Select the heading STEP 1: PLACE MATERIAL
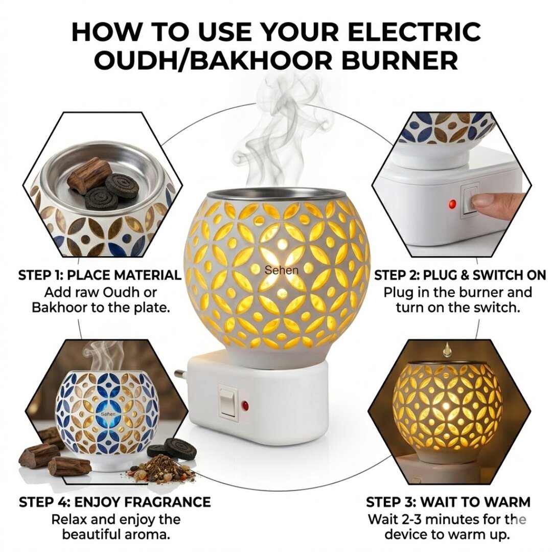coord(100,275)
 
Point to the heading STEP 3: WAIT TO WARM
coord(448,501)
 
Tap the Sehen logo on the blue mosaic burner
coord(109,414)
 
